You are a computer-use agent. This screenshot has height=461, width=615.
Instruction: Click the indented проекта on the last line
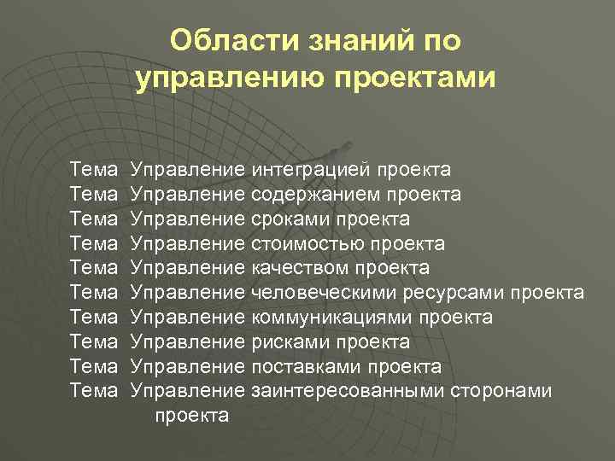191,416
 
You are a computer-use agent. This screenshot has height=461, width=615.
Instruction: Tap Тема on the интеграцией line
94,170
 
